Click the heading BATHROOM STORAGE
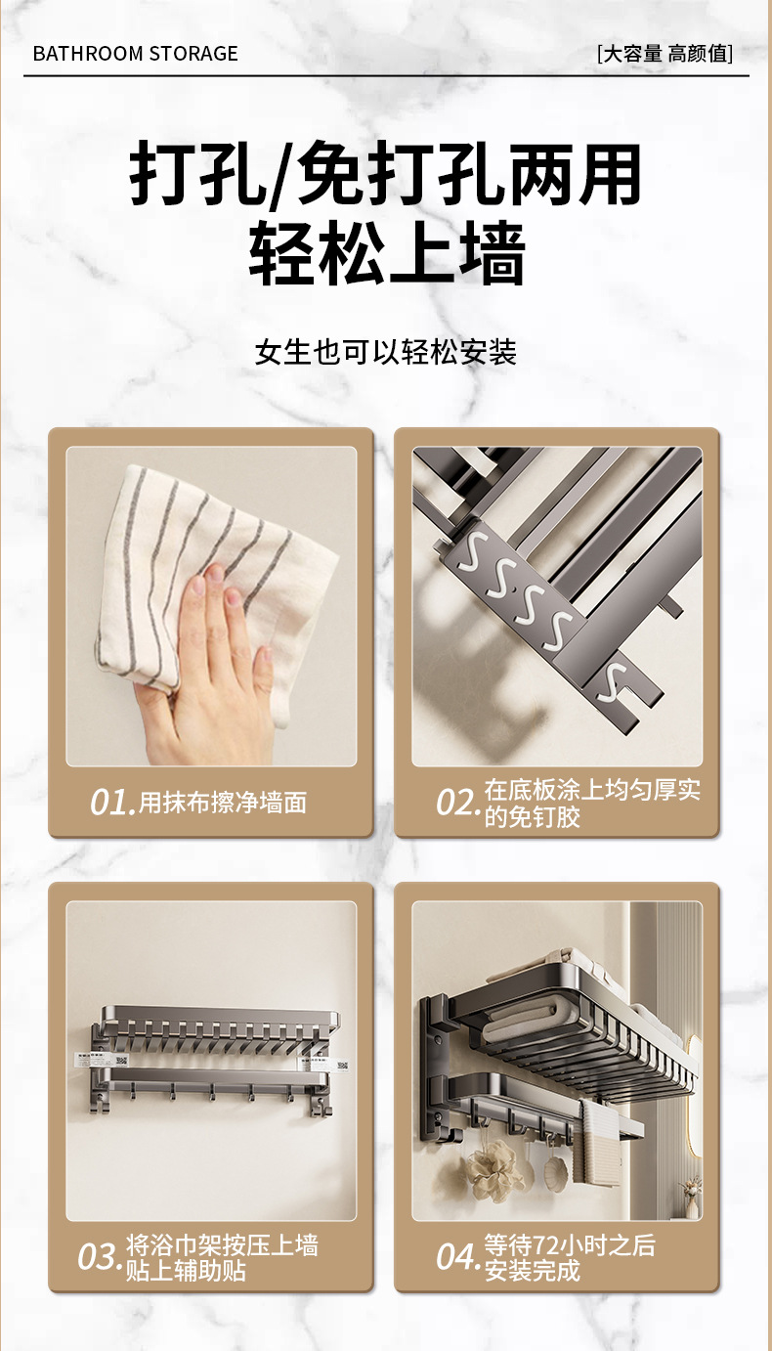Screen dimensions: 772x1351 (x=135, y=54)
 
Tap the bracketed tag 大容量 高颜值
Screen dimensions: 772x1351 (x=665, y=54)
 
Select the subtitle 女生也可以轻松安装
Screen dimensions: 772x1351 (x=385, y=352)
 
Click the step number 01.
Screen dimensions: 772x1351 (x=112, y=803)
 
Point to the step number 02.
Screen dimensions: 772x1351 (x=458, y=803)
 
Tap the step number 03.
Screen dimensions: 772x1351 (x=100, y=1256)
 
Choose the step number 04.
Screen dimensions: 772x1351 (x=458, y=1256)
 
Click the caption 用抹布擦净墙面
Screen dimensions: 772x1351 (x=223, y=803)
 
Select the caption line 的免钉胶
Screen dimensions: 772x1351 (x=532, y=817)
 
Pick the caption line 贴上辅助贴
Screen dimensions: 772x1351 (x=186, y=1271)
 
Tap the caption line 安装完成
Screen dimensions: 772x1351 (x=532, y=1271)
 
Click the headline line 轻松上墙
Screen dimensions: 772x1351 (x=387, y=253)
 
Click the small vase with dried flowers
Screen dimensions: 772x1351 (x=691, y=1198)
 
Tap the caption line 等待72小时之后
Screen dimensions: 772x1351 (x=570, y=1244)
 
